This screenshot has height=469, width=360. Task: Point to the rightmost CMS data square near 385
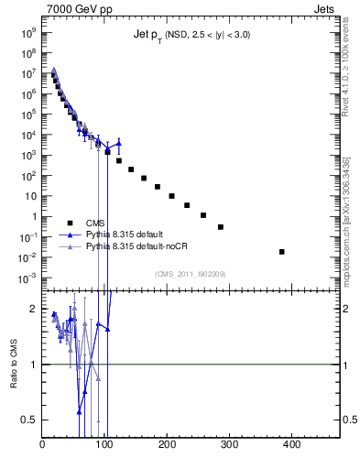point(282,252)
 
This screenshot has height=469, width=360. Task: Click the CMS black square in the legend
point(70,223)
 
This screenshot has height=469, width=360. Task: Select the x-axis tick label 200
point(168,447)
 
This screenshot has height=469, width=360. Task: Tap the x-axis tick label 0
point(43,447)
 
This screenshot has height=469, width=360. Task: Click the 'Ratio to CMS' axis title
point(14,364)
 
